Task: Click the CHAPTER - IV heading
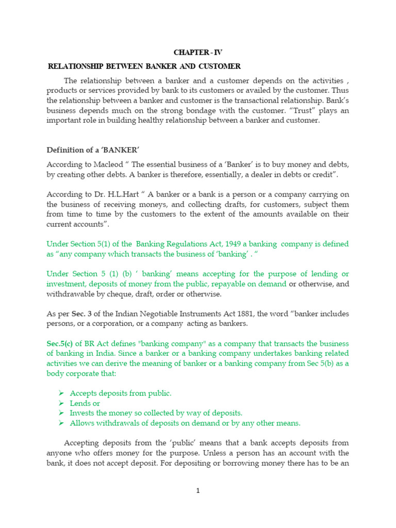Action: pyautogui.click(x=198, y=53)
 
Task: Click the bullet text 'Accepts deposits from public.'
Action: pyautogui.click(x=120, y=393)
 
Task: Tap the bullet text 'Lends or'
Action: pyautogui.click(x=85, y=403)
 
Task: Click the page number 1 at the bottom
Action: pyautogui.click(x=197, y=490)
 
